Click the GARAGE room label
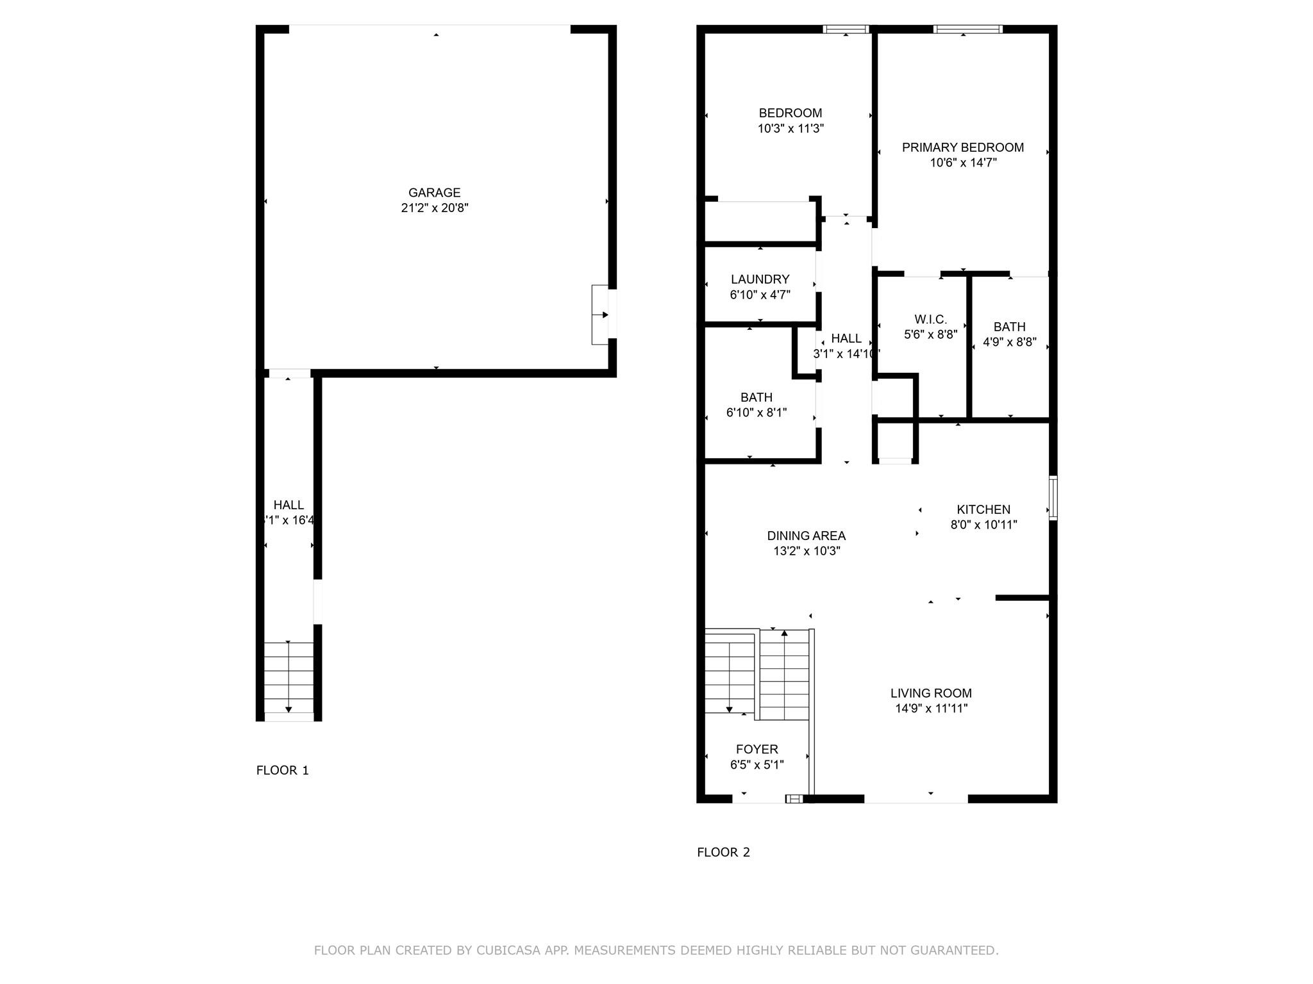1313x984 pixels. click(x=434, y=192)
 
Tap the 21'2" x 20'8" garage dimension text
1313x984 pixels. click(x=434, y=208)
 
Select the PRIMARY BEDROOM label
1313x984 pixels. click(x=962, y=147)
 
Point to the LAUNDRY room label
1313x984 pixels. click(x=760, y=279)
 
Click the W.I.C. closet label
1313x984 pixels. click(x=930, y=319)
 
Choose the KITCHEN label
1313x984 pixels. click(x=983, y=509)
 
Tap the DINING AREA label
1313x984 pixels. click(x=806, y=536)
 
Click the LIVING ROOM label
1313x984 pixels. click(x=930, y=693)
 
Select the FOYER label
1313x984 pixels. click(x=757, y=749)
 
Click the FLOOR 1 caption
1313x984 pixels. click(x=282, y=770)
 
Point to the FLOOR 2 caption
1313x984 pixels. click(x=723, y=852)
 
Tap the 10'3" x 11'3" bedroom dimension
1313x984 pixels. click(x=790, y=129)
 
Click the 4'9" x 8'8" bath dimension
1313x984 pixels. click(x=1009, y=342)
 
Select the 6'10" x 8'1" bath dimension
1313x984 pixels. click(x=756, y=413)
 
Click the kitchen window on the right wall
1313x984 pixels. click(x=1053, y=498)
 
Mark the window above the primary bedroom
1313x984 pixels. click(x=967, y=29)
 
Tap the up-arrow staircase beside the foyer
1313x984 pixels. click(x=784, y=675)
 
